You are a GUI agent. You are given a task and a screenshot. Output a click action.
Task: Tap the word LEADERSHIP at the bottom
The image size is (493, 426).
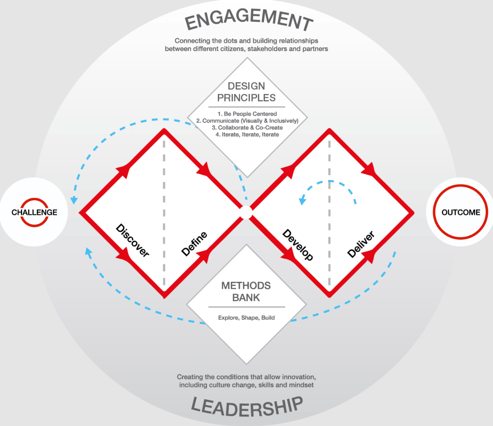pos(247,407)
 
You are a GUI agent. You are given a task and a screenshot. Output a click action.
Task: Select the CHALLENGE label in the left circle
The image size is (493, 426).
pos(34,212)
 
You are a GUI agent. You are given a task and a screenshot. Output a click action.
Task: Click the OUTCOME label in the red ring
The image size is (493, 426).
pos(461,212)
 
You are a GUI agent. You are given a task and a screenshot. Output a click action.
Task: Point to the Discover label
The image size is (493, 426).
pos(132,240)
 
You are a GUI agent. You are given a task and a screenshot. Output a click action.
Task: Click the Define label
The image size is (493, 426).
pos(194,244)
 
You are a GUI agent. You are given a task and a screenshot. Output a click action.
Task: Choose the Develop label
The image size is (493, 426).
pos(298,245)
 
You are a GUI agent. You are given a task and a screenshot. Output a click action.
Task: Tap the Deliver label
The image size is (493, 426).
pos(361,244)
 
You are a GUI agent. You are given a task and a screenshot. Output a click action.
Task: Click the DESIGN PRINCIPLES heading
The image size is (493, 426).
pos(246,92)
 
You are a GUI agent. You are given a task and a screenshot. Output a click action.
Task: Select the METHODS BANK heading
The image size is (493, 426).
pos(246,292)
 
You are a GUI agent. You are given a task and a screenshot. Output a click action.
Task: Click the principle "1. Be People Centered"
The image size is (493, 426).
pos(247,114)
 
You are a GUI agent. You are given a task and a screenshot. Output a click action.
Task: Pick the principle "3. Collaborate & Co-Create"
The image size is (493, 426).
pos(247,127)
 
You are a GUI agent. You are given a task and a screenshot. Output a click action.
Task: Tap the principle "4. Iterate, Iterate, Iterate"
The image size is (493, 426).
pos(247,134)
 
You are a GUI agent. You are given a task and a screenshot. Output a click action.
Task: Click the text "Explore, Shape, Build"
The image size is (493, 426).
pos(246,318)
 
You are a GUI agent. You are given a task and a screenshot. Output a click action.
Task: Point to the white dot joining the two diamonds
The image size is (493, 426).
pos(246,212)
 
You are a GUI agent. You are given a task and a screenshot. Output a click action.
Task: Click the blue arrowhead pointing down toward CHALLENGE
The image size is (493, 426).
pos(74,200)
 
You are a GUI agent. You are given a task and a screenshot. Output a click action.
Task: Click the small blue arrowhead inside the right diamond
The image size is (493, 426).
pos(302,201)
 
